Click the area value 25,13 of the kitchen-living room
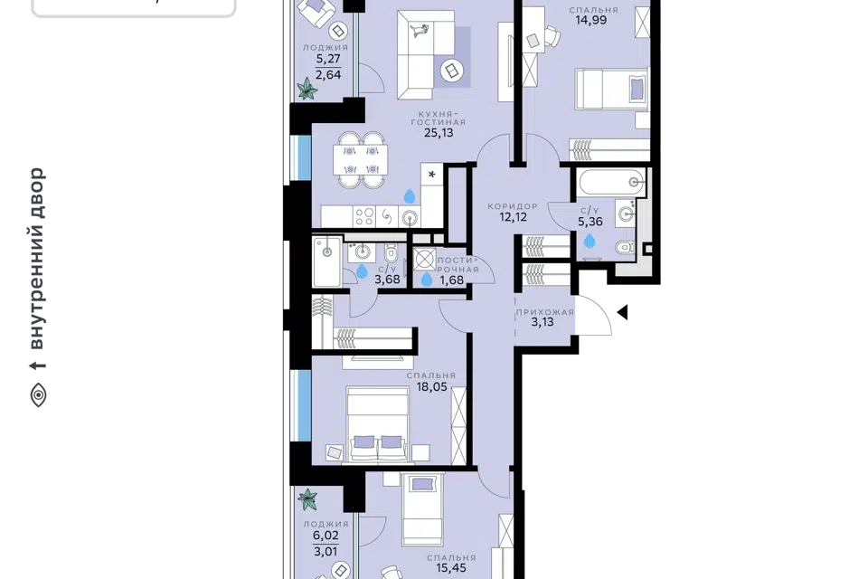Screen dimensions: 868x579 439,133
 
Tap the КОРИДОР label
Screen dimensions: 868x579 513,206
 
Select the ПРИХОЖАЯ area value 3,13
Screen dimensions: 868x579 542,322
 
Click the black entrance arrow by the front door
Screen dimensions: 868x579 622,312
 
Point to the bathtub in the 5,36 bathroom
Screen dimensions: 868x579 611,182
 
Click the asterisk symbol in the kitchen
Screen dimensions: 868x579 432,176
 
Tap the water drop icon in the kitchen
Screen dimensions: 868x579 409,196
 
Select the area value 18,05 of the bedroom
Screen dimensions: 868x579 432,386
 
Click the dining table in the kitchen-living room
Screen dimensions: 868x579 361,159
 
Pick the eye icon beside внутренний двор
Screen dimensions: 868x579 38,395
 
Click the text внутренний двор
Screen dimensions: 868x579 37,259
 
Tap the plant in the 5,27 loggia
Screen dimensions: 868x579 307,88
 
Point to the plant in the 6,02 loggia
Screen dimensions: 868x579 307,499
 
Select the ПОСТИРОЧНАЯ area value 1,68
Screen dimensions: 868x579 452,280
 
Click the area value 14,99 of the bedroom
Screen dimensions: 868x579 590,21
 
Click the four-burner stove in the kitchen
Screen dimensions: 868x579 364,216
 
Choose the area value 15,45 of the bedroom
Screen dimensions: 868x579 451,568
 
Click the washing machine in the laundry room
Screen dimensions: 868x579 425,260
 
